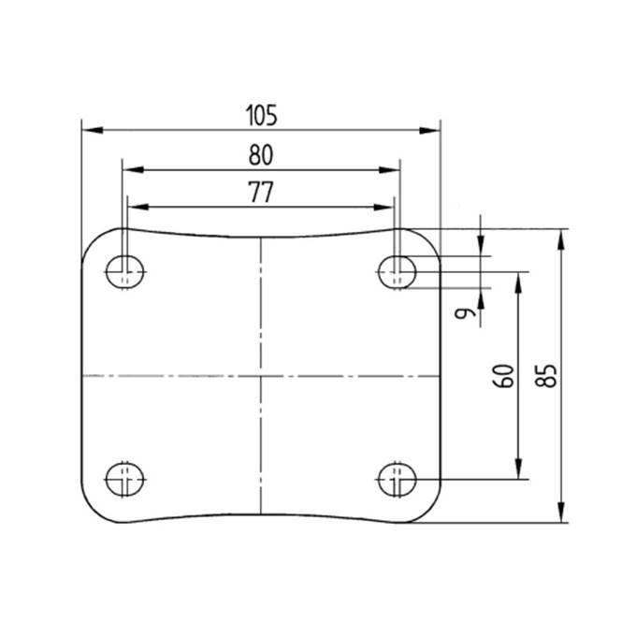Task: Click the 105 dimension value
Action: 262,116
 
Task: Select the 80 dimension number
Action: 261,155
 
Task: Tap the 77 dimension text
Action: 261,193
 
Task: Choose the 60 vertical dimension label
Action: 503,376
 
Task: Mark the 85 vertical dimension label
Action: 546,376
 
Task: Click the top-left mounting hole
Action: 125,272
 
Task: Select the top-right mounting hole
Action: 397,272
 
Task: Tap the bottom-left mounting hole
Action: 125,480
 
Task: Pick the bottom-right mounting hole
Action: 397,480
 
